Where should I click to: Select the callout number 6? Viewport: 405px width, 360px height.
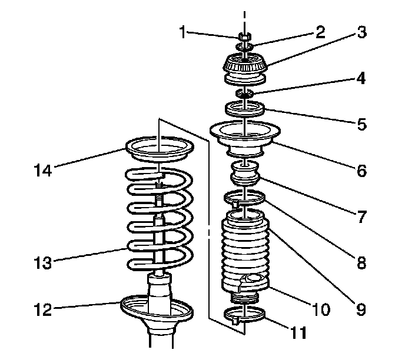(x=362, y=171)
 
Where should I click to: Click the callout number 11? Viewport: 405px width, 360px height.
(x=298, y=333)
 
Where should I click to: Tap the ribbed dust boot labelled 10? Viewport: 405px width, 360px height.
(x=245, y=253)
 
